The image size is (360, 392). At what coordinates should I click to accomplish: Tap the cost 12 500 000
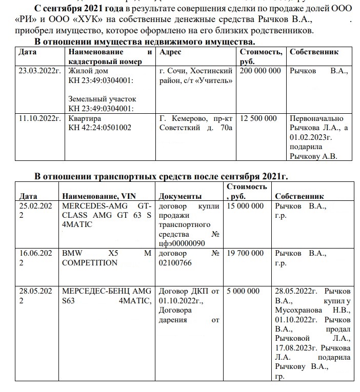point(258,118)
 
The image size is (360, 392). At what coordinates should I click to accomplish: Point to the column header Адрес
point(171,52)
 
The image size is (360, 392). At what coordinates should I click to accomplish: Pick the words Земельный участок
point(103,99)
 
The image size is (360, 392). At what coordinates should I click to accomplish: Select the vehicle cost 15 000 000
point(245,206)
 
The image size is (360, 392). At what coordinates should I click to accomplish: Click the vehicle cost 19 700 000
point(245,253)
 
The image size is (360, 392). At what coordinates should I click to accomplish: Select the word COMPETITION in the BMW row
point(90,263)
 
